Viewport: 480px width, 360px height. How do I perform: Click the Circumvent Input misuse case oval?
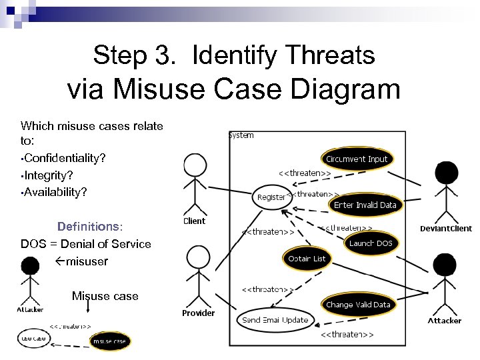click(357, 159)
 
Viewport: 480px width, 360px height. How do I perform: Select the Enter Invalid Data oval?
click(365, 205)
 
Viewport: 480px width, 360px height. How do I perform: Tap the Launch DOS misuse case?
click(371, 243)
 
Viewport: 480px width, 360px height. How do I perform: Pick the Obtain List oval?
click(307, 259)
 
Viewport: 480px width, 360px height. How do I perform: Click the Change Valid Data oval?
click(358, 305)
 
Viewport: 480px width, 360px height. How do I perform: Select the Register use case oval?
click(271, 197)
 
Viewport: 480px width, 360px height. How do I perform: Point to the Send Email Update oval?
click(275, 320)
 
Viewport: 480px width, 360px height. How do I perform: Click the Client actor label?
click(194, 221)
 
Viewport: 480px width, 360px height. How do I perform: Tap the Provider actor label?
click(199, 313)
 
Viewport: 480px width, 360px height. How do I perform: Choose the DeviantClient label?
click(445, 229)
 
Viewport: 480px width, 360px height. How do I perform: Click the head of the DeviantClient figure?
click(445, 174)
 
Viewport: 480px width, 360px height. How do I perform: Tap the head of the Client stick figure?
click(195, 165)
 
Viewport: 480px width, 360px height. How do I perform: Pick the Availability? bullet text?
click(55, 192)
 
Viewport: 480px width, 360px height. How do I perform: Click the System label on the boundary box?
click(241, 135)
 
